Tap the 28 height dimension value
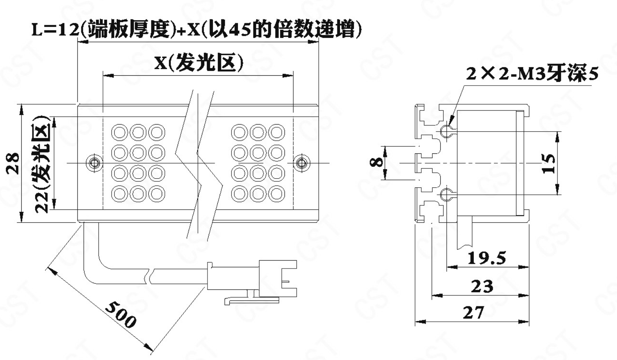click(13, 162)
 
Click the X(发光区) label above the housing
click(198, 62)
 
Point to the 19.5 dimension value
click(486, 258)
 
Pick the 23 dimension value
click(482, 286)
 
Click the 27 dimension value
click(473, 313)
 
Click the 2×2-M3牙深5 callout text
click(532, 74)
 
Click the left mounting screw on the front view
click(94, 162)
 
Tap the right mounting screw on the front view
click(302, 162)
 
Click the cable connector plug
click(276, 278)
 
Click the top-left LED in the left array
click(119, 132)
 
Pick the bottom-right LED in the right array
click(277, 193)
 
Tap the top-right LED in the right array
click(277, 132)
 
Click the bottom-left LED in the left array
click(119, 193)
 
